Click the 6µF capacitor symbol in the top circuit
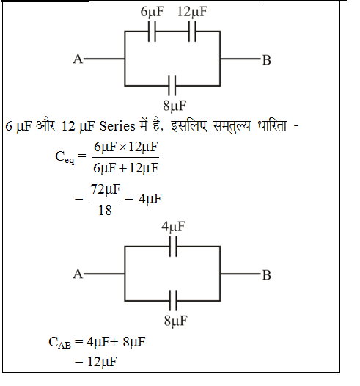click(x=152, y=32)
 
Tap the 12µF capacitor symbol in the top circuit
click(x=192, y=32)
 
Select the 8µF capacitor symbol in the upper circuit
click(x=172, y=86)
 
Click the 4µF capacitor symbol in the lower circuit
click(x=173, y=246)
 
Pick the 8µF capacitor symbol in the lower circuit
click(x=173, y=300)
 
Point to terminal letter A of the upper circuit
click(x=78, y=59)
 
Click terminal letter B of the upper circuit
click(x=267, y=60)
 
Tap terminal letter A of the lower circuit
click(x=78, y=274)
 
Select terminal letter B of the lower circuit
click(x=267, y=274)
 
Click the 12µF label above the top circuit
click(x=192, y=12)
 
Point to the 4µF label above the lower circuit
click(x=173, y=227)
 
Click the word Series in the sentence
click(x=117, y=126)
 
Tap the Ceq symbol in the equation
click(x=65, y=157)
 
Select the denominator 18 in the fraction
click(x=105, y=211)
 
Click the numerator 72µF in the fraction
click(x=106, y=190)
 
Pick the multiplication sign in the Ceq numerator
click(x=122, y=148)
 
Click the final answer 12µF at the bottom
click(x=102, y=362)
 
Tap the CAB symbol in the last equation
click(x=59, y=343)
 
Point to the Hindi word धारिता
click(x=272, y=125)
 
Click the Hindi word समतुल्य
click(x=232, y=125)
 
